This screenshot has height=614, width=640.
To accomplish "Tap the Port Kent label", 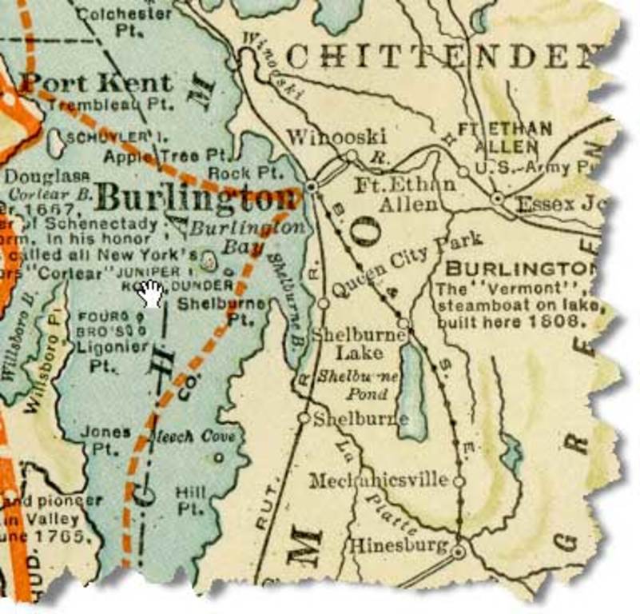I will pyautogui.click(x=96, y=82).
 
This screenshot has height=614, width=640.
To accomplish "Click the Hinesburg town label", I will pyautogui.click(x=396, y=547).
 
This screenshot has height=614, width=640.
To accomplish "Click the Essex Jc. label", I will pyautogui.click(x=559, y=203).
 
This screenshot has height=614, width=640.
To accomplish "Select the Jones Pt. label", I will pyautogui.click(x=105, y=441).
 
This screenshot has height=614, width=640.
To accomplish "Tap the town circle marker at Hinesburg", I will pyautogui.click(x=458, y=552).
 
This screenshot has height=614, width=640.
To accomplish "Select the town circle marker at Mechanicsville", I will pyautogui.click(x=459, y=481).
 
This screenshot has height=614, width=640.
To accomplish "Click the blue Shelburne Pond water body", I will pyautogui.click(x=412, y=392).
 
